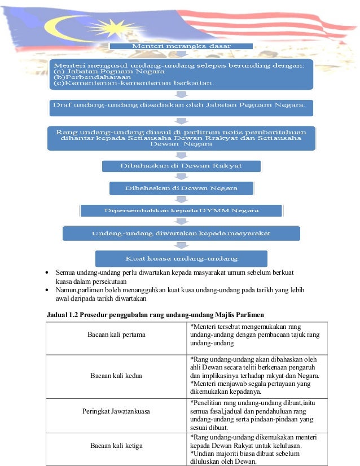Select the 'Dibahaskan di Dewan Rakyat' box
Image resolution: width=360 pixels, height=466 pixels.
[181, 166]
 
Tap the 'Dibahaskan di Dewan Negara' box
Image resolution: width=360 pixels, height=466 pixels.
[181, 188]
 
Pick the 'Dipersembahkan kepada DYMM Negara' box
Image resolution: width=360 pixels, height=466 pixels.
[181, 210]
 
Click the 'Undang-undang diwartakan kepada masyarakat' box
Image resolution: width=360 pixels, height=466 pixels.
[181, 233]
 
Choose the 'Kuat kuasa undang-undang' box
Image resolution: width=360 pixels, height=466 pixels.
[181, 258]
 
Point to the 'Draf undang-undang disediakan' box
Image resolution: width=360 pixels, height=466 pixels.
[179, 105]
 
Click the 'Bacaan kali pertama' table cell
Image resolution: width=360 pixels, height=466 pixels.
[116, 335]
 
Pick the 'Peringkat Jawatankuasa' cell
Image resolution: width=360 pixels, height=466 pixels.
[116, 412]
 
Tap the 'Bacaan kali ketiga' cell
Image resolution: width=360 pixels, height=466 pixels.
[116, 446]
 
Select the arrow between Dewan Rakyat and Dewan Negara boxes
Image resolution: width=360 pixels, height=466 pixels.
[181, 177]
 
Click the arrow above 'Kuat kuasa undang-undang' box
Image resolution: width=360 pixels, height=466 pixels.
[181, 245]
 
